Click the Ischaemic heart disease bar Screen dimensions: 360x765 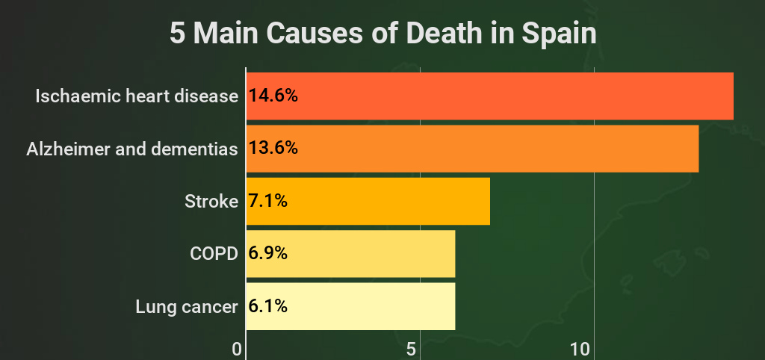[x=489, y=96]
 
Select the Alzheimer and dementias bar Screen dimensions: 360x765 [x=472, y=148]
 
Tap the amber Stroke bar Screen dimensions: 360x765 [x=368, y=201]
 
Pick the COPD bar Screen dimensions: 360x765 [x=350, y=253]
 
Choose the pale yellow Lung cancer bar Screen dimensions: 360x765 [x=350, y=306]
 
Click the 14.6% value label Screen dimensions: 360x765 [x=273, y=96]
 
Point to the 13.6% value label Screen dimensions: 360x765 [x=273, y=148]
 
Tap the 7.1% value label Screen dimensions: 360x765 [x=268, y=201]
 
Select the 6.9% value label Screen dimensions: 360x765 [x=268, y=253]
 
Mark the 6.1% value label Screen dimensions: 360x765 [x=268, y=306]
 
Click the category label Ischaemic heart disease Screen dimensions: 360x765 [x=137, y=96]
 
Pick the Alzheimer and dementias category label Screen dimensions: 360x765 [x=132, y=149]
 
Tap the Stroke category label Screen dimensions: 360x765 [x=211, y=201]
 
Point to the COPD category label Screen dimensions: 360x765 [x=214, y=253]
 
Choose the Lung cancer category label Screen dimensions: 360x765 [x=187, y=306]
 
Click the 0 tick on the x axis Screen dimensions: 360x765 [x=238, y=349]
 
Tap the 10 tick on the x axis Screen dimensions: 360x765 [x=580, y=349]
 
